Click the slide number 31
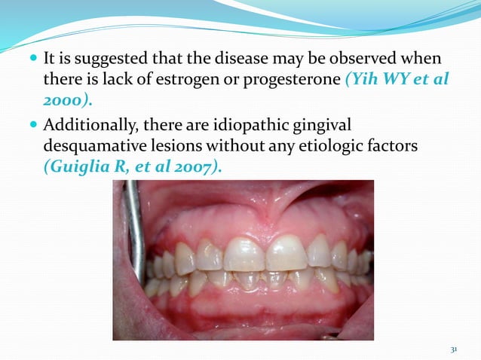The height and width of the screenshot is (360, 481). pos(453,349)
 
